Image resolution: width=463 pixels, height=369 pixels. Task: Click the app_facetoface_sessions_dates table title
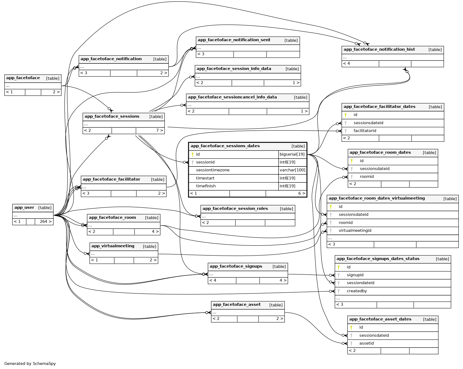click(x=225, y=146)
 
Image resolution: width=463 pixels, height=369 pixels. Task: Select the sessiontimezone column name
click(x=213, y=170)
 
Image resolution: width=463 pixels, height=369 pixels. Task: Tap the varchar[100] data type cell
click(x=292, y=170)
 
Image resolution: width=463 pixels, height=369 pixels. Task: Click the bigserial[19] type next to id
click(x=292, y=154)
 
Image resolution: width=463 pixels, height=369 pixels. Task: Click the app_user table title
click(x=24, y=208)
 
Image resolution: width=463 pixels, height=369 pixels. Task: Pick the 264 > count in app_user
click(x=46, y=222)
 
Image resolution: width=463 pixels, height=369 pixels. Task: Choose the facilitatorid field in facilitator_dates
click(x=365, y=131)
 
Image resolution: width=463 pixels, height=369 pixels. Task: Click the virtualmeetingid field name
click(x=355, y=230)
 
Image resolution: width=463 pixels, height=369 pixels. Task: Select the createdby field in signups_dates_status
click(x=357, y=291)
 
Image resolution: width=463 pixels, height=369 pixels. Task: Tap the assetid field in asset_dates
click(x=366, y=343)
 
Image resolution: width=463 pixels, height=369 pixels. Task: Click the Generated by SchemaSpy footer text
click(x=30, y=364)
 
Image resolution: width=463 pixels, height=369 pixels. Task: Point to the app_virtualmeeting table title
click(x=113, y=246)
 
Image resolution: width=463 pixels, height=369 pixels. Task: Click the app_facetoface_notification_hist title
click(x=379, y=49)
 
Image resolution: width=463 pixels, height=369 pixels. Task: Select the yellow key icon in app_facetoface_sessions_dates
click(x=193, y=154)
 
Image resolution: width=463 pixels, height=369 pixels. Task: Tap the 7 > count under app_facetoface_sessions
click(x=159, y=130)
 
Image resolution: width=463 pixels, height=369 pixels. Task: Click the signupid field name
click(x=355, y=275)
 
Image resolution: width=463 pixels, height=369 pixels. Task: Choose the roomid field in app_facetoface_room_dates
click(x=367, y=177)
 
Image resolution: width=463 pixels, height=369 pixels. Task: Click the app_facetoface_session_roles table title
click(x=235, y=208)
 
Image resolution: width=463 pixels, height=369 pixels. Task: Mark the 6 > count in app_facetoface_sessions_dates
click(x=302, y=193)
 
